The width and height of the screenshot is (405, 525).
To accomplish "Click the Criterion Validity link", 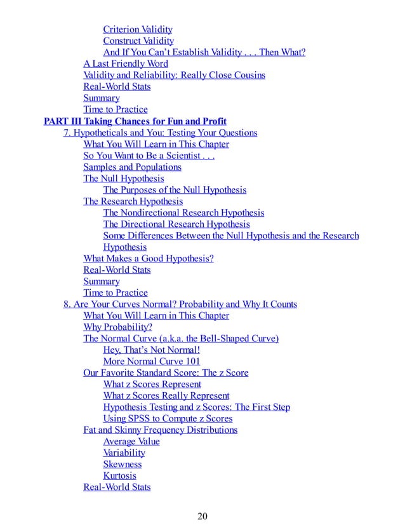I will click(x=138, y=29).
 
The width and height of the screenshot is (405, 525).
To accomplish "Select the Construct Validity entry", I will click(x=138, y=41).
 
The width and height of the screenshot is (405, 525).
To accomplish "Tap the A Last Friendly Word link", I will click(x=126, y=64).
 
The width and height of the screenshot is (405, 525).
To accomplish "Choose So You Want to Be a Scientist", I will click(x=149, y=156).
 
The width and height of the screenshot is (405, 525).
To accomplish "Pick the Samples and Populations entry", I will click(x=132, y=167).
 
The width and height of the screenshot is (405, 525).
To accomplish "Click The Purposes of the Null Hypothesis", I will click(x=175, y=190).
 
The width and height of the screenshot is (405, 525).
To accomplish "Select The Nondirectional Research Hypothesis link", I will click(x=183, y=213).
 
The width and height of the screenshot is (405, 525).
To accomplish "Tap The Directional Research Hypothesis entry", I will click(x=176, y=224).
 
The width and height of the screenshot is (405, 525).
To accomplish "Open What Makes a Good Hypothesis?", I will click(x=149, y=259).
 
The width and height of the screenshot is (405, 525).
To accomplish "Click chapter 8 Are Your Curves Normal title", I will click(x=180, y=304).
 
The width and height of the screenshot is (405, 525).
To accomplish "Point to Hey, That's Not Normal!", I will click(x=151, y=350).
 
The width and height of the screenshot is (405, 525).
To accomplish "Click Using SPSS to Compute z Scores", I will click(x=168, y=419).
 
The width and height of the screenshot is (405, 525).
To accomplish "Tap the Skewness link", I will click(x=123, y=465).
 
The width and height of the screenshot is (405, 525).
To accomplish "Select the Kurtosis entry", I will click(x=119, y=476).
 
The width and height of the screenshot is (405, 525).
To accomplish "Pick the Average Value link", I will click(x=131, y=442).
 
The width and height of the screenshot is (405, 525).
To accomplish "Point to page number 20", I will click(x=202, y=515).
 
